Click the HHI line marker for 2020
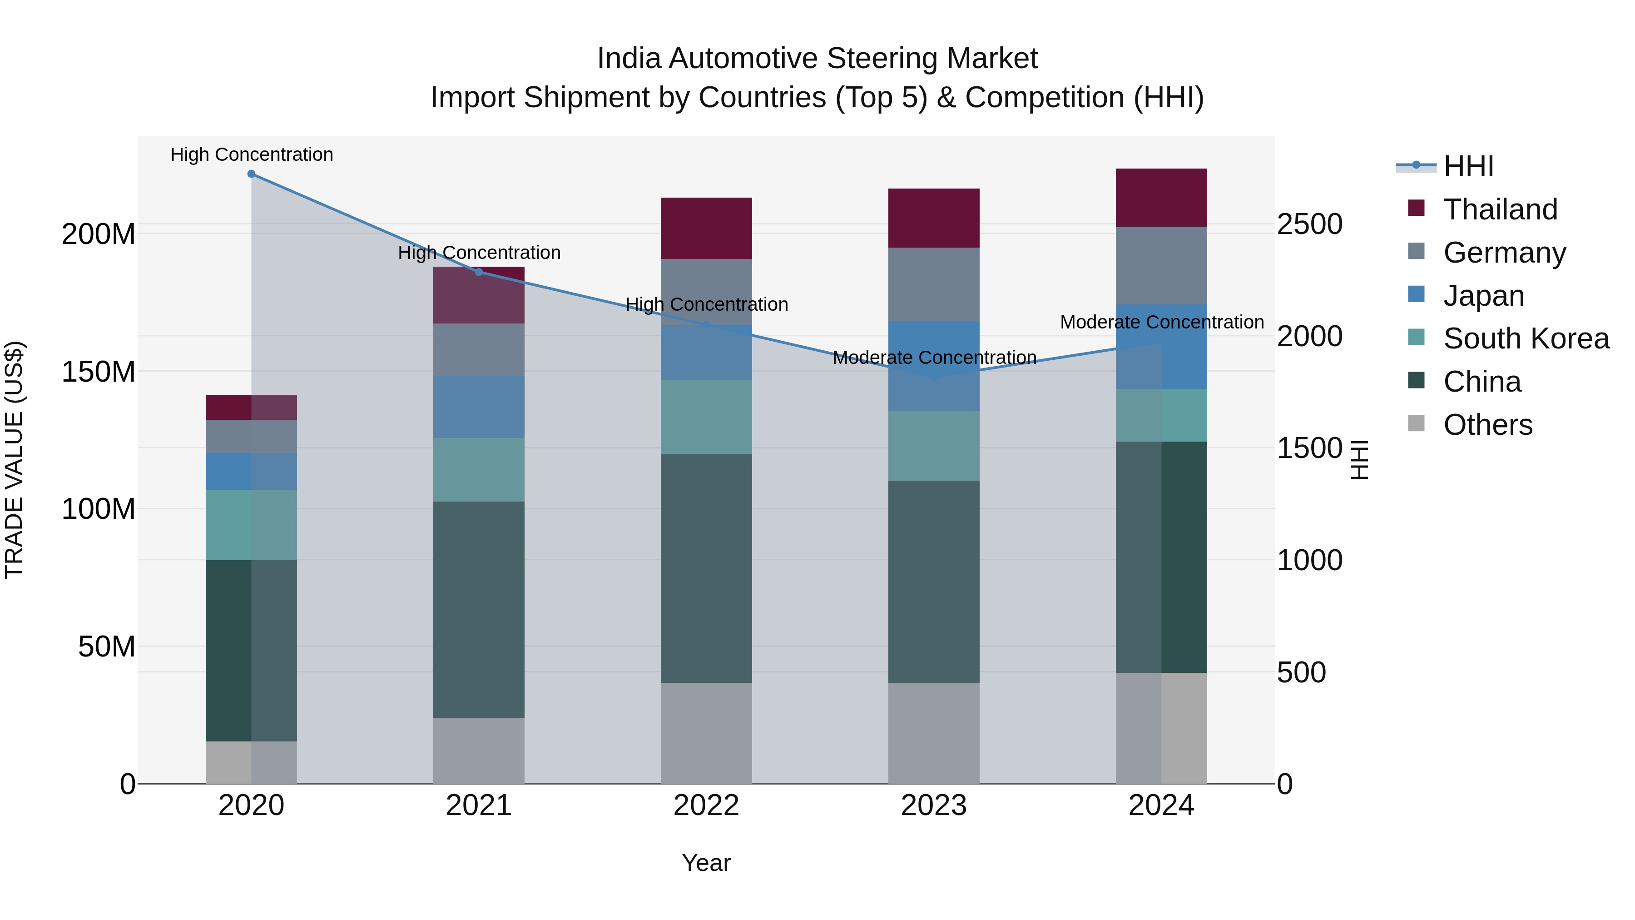pos(251,174)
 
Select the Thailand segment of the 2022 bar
pos(706,229)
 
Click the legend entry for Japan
pos(1483,296)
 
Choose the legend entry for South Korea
pos(1526,338)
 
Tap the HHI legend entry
pos(1468,166)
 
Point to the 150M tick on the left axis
pos(99,372)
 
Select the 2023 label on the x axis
pos(934,806)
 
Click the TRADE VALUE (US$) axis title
pos(14,460)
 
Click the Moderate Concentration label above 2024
pos(1161,323)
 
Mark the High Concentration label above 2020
pos(251,155)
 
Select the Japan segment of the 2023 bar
pos(934,366)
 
